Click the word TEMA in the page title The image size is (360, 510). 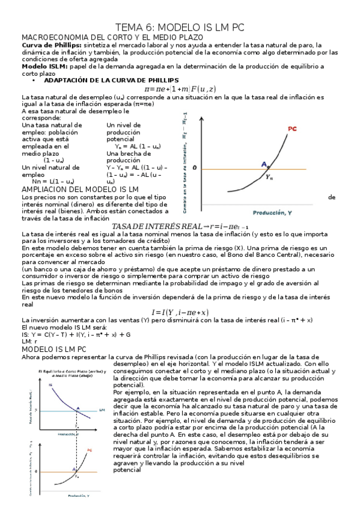point(130,28)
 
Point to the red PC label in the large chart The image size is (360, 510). point(292,129)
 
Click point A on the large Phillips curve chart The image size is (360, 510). point(264,164)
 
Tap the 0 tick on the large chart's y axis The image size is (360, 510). point(194,168)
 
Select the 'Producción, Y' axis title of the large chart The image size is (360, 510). point(272,212)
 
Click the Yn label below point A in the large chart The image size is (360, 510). point(269,177)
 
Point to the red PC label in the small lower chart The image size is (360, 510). point(90,449)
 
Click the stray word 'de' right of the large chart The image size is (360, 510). point(332,197)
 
